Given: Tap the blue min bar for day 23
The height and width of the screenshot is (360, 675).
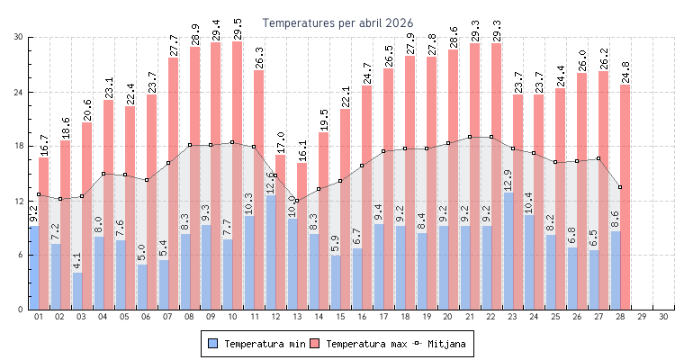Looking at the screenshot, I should tap(508, 252).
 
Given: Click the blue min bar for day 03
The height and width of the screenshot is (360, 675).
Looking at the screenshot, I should tap(77, 291).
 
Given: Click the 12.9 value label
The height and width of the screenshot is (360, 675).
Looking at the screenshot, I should tap(508, 180).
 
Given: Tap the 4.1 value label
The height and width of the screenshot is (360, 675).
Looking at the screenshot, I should tap(78, 261).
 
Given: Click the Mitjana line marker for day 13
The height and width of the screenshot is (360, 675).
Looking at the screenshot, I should tap(297, 201).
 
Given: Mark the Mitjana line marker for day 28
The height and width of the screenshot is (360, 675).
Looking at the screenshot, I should tap(619, 187).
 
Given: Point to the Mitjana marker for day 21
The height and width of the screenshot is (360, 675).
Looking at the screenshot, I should tap(469, 137).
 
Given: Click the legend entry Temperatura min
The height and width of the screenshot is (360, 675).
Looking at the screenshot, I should tap(256, 344).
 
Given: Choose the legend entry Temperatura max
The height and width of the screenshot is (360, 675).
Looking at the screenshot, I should tap(358, 344).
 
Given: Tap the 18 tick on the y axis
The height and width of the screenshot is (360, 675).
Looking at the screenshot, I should tap(18, 147).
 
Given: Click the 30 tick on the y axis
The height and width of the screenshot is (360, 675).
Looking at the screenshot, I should tap(18, 37).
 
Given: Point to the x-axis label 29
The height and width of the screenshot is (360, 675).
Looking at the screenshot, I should tap(641, 317).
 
